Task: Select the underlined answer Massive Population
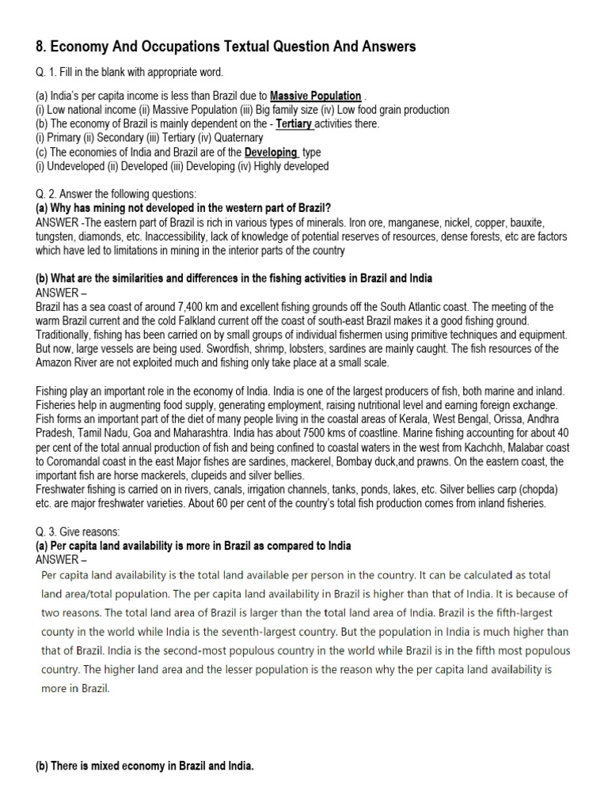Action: pos(316,97)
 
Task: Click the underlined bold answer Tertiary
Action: pos(294,124)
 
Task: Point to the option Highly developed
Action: pos(291,166)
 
